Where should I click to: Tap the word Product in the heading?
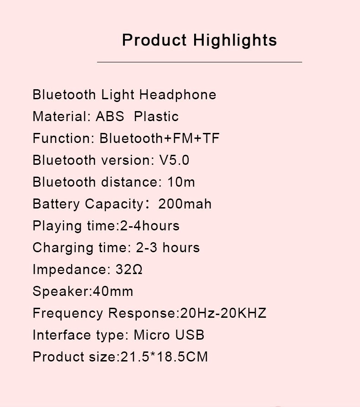[x=154, y=40]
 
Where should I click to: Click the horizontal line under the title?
[x=200, y=62]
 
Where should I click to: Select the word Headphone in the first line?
[x=178, y=95]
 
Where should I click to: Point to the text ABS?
[x=110, y=116]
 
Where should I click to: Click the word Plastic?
[x=156, y=116]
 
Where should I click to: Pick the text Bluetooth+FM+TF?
[x=159, y=138]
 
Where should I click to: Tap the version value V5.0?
[x=174, y=160]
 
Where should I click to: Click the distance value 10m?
[x=181, y=182]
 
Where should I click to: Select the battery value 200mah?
[x=185, y=204]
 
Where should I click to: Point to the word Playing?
[x=57, y=226]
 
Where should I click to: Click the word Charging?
[x=63, y=248]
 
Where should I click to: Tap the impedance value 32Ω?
[x=129, y=270]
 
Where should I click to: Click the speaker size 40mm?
[x=113, y=291]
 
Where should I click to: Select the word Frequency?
[x=68, y=314]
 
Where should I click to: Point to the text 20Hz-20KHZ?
[x=223, y=313]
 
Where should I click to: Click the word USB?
[x=190, y=335]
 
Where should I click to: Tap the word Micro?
[x=151, y=335]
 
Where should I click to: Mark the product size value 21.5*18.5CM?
[x=164, y=356]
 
